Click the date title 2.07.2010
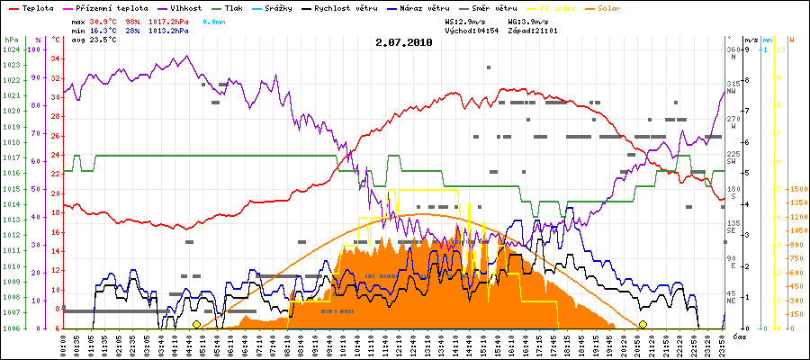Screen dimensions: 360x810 (x=405, y=41)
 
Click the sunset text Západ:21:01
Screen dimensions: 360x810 (x=533, y=30)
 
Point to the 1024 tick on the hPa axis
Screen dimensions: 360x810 (x=11, y=49)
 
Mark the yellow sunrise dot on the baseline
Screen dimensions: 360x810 (x=196, y=324)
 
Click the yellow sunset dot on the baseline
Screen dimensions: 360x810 (x=643, y=324)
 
